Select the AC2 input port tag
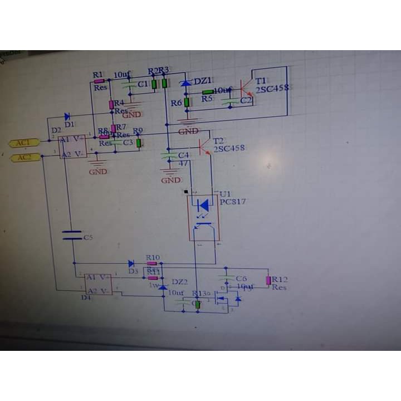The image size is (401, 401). click(25, 157)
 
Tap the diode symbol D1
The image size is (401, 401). click(67, 116)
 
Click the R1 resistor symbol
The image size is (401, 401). click(100, 81)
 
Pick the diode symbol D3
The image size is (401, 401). click(131, 263)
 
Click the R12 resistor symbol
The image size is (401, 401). click(268, 280)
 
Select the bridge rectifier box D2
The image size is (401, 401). click(73, 146)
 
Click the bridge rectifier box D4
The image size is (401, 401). click(98, 284)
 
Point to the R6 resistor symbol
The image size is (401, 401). click(187, 102)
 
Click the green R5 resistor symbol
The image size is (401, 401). click(208, 92)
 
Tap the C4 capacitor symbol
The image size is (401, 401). click(169, 156)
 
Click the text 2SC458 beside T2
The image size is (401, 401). click(228, 149)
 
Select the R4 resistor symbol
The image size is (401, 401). click(111, 104)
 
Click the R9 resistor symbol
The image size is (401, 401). click(139, 143)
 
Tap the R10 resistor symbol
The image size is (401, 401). click(151, 263)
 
